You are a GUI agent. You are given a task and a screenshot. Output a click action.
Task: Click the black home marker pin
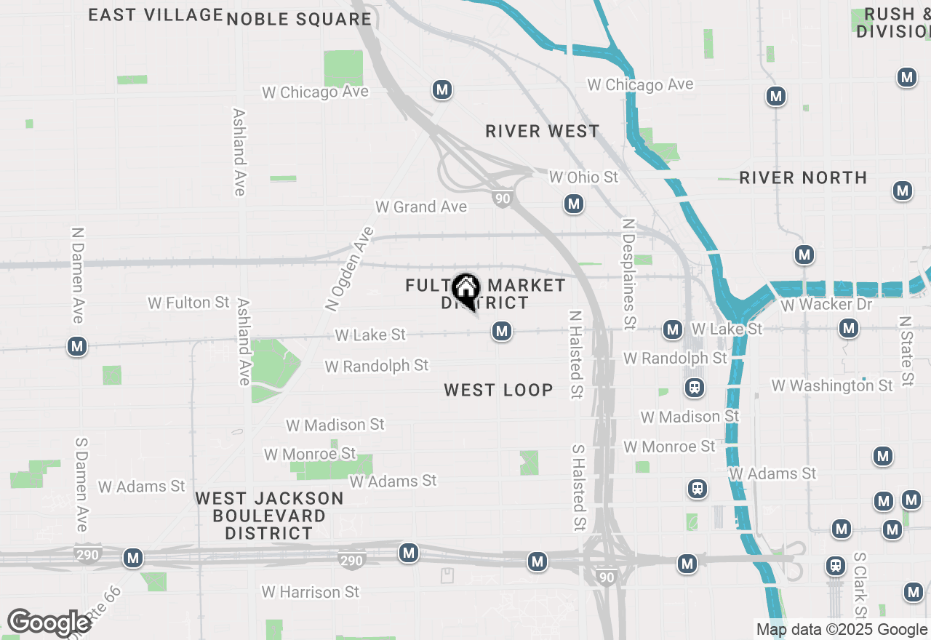click(465, 289)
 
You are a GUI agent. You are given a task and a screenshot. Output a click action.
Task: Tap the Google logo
click(48, 623)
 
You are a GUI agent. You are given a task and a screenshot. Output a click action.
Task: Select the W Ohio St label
click(583, 177)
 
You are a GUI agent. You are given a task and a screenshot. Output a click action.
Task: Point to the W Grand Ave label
click(421, 207)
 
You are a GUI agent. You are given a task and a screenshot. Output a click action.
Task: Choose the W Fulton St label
click(188, 303)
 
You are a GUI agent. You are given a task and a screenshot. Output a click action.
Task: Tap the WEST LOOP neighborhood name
click(498, 391)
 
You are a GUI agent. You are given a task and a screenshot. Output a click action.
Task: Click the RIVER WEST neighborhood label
click(543, 132)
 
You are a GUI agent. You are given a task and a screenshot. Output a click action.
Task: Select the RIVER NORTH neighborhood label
click(803, 178)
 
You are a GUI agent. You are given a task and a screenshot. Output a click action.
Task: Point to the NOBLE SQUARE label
click(299, 20)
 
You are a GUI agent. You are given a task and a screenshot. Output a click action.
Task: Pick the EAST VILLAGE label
click(156, 15)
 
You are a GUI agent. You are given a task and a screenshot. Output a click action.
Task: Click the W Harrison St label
click(311, 592)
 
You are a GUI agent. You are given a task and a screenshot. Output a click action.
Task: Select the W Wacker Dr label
click(826, 304)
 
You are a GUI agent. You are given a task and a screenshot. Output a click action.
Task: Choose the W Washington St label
click(832, 385)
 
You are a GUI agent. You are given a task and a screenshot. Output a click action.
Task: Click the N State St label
click(905, 351)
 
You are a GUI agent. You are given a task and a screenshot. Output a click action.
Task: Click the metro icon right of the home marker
click(500, 332)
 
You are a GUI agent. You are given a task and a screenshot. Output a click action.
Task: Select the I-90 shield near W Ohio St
click(502, 199)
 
